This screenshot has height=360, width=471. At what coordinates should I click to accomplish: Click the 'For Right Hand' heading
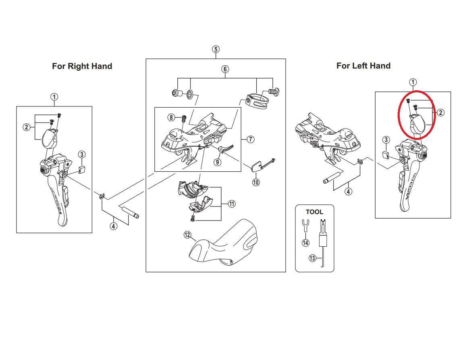click(82, 66)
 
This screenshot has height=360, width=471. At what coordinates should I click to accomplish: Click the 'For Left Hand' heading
click(363, 66)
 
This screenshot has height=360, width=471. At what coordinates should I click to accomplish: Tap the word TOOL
click(314, 212)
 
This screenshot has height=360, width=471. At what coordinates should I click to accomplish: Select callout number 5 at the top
click(216, 49)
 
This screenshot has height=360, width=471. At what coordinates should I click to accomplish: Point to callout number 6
click(225, 69)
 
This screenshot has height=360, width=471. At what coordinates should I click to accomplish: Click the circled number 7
click(250, 139)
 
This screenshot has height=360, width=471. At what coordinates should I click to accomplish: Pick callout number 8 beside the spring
click(172, 117)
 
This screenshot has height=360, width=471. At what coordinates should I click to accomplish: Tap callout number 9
click(217, 162)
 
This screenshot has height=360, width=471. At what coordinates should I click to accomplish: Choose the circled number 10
click(256, 182)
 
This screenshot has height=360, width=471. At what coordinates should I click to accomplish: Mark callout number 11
click(232, 204)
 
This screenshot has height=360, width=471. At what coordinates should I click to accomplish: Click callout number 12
click(187, 235)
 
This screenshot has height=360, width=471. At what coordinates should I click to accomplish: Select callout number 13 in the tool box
click(312, 258)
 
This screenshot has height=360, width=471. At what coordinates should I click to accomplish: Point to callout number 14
click(305, 242)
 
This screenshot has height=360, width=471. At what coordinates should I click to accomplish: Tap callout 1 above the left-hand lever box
click(413, 83)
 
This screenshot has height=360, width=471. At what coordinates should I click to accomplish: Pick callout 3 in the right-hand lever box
click(82, 154)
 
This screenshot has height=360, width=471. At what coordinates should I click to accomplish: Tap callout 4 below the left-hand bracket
click(348, 191)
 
